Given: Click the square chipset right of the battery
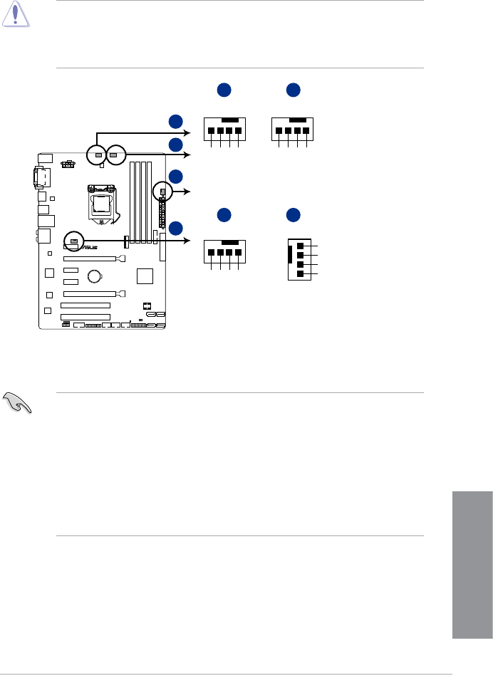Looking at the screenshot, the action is pos(145,276).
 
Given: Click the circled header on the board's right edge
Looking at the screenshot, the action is pos(163,192).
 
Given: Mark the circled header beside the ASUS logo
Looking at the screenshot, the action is pos(73,241).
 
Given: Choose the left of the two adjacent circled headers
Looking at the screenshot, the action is pos(97,153).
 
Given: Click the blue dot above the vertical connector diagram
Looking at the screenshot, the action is pos(293,213).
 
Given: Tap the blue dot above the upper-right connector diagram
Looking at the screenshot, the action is pos(293,90).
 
